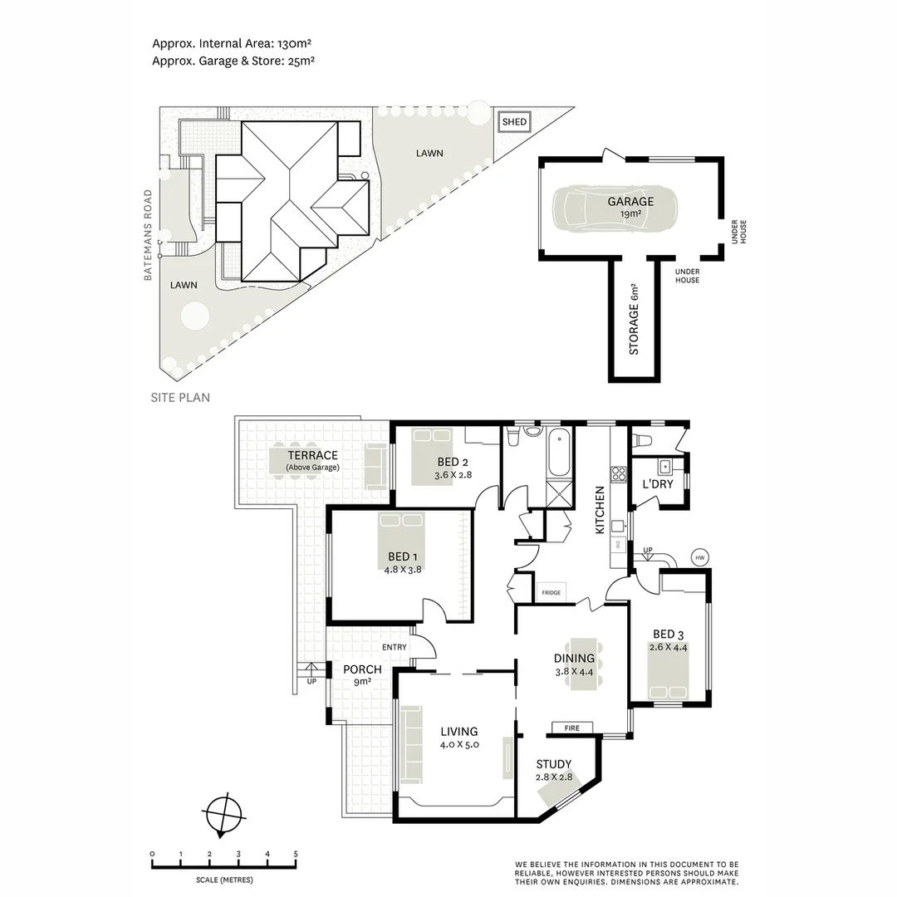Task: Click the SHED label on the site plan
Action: (514, 122)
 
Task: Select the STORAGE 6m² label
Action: (635, 319)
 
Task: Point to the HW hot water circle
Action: (699, 557)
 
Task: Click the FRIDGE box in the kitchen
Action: (551, 593)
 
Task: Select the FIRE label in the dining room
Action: (572, 728)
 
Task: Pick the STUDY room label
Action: (553, 765)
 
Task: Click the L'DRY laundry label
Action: (657, 483)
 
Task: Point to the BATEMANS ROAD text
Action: (149, 235)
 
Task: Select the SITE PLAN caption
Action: (180, 398)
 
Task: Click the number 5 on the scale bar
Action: (296, 854)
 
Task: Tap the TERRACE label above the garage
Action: (312, 455)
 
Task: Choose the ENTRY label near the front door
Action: (395, 647)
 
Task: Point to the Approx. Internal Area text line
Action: (233, 42)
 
